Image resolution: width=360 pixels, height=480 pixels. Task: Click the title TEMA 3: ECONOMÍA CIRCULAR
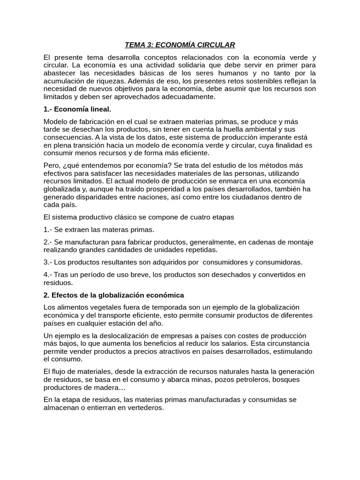pos(180,45)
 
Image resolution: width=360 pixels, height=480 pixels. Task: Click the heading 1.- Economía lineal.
pos(77,109)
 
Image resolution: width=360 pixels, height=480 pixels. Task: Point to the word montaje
pos(300,242)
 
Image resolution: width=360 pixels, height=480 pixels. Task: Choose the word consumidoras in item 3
pos(275,262)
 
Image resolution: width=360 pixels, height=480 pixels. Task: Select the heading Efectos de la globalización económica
pos(118,295)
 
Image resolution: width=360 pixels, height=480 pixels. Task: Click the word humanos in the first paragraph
pos(237,73)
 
